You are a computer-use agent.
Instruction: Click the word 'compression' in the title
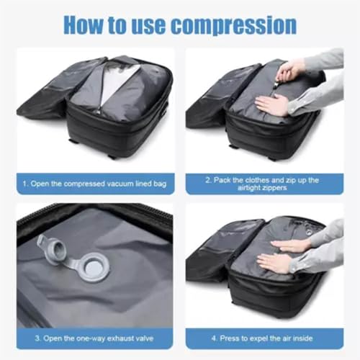(231, 24)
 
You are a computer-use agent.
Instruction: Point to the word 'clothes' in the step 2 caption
(264, 180)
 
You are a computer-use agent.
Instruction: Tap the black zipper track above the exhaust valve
(94, 213)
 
